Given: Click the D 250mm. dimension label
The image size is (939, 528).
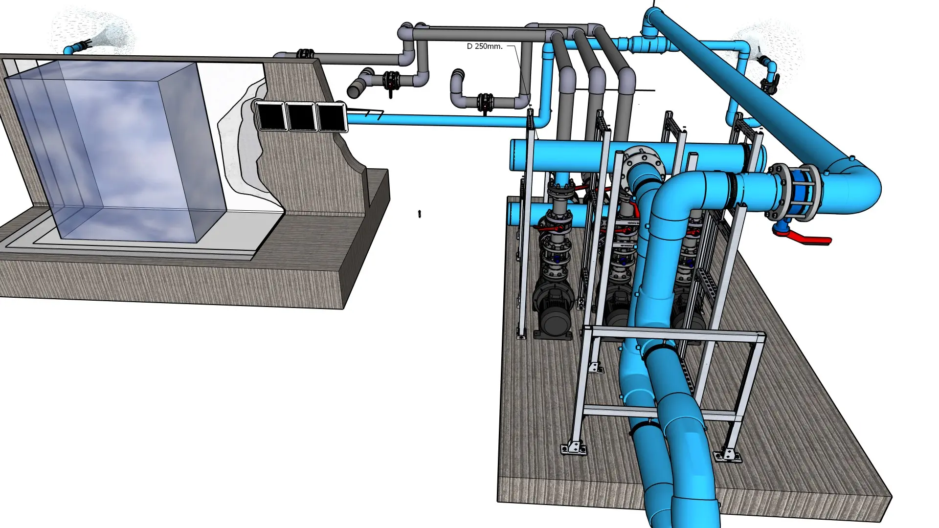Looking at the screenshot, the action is [485, 46].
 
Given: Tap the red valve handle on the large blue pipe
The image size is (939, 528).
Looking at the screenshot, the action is [807, 238].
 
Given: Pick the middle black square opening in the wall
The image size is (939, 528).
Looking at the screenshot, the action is [301, 116].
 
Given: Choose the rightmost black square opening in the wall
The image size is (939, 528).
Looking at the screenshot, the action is [332, 117].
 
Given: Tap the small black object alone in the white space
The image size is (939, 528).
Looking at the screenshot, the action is [420, 214].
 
